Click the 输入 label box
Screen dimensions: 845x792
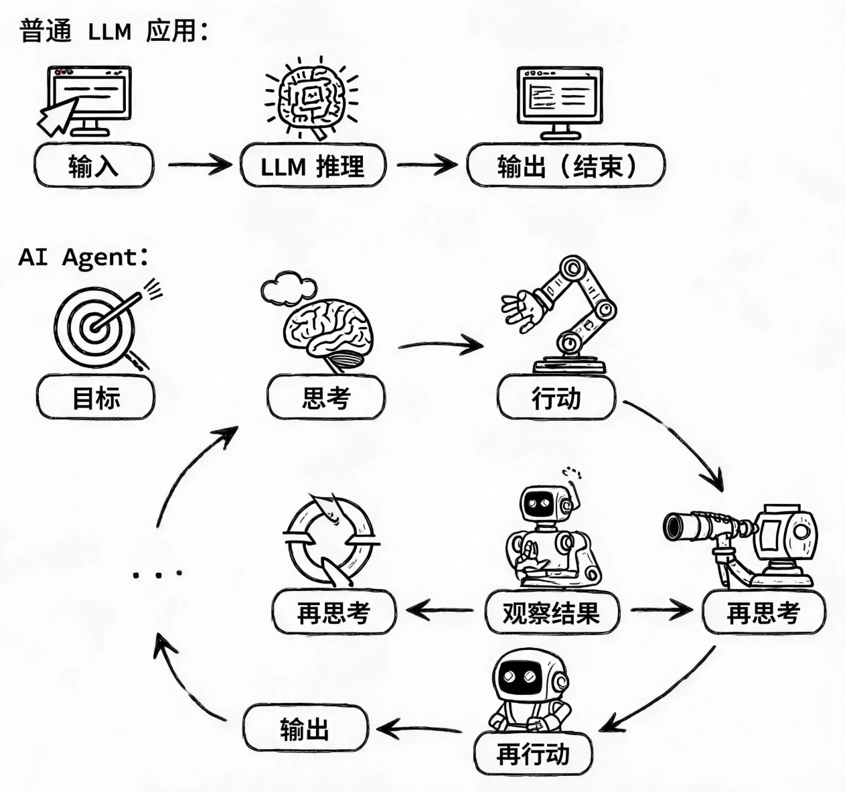click(94, 166)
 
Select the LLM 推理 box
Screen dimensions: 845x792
click(313, 166)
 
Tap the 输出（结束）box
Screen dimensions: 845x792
click(566, 166)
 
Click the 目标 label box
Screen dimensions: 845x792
click(96, 397)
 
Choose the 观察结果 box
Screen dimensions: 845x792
click(552, 612)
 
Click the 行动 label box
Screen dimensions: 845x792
click(556, 397)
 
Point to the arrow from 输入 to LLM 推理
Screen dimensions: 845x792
click(200, 164)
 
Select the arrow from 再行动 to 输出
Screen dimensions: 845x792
click(419, 729)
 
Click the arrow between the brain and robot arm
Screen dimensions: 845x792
click(441, 345)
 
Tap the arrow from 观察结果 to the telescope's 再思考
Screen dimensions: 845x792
click(662, 610)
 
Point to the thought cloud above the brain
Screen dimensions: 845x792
click(289, 289)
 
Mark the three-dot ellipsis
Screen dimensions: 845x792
click(158, 575)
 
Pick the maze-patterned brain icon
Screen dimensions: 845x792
click(311, 98)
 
